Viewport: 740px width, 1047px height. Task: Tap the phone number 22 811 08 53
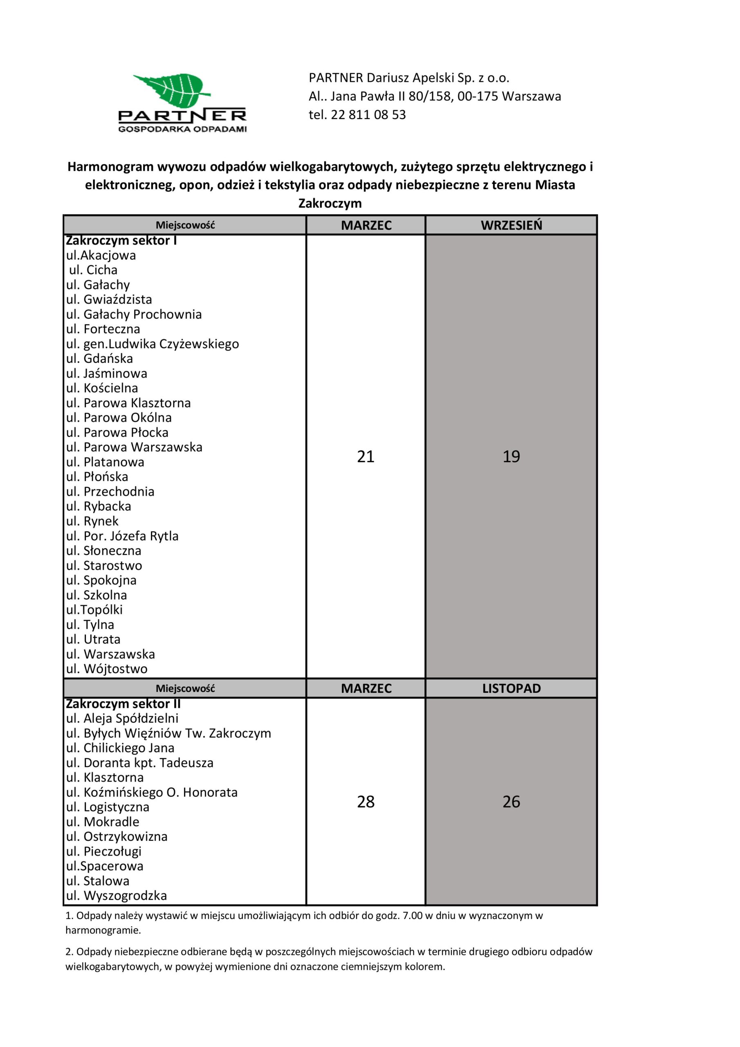coord(368,115)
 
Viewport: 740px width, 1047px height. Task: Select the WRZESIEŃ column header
coord(511,225)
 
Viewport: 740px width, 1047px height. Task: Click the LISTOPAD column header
coord(511,689)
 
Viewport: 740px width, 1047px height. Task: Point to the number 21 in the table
coord(366,456)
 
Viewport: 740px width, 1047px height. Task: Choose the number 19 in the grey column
coord(511,456)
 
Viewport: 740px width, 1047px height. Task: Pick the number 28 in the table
coord(366,802)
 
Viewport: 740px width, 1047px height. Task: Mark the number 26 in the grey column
coord(511,802)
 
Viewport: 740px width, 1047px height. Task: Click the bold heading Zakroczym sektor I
coord(121,240)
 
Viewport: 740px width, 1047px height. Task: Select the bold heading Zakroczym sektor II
coord(123,703)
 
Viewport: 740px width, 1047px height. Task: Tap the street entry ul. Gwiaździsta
coord(109,300)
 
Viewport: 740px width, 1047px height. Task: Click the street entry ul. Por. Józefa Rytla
coord(122,536)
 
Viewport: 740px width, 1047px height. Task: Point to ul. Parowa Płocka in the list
coord(117,432)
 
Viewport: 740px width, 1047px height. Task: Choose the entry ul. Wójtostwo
coord(107,669)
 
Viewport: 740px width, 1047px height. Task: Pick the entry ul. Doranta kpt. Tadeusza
coord(139,763)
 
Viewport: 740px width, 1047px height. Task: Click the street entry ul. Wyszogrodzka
coord(116,896)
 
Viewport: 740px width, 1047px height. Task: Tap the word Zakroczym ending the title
coord(330,203)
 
